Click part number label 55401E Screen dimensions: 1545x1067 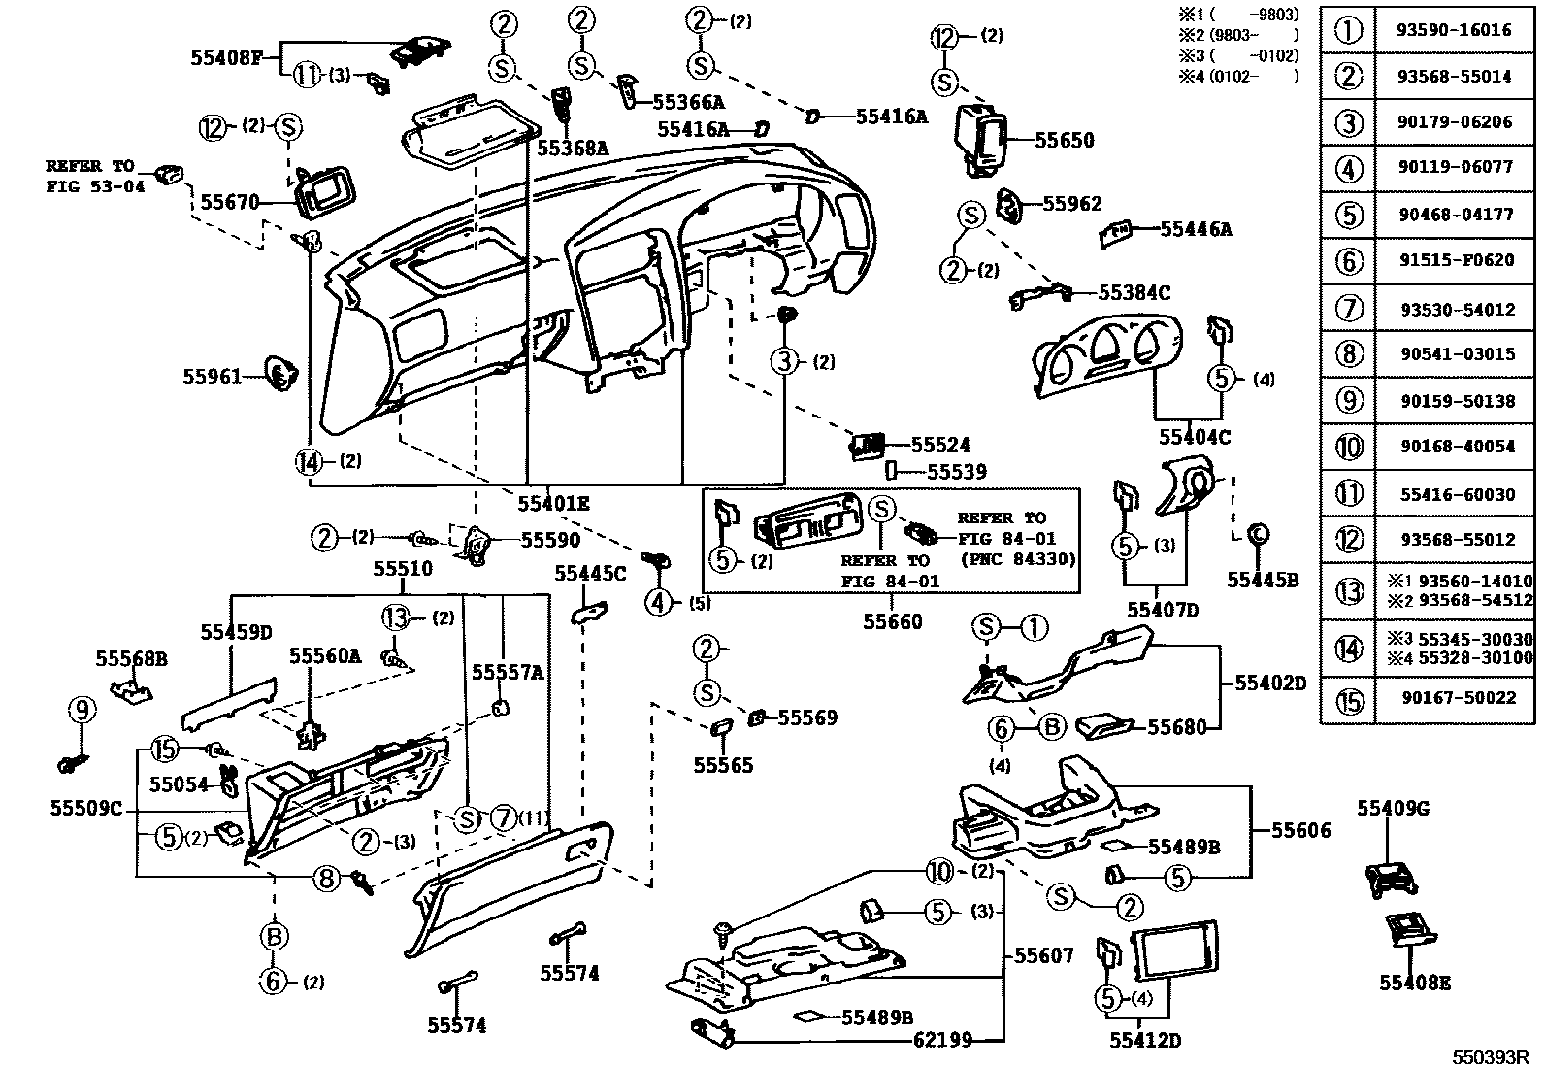tap(554, 504)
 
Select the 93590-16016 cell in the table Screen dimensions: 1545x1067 tap(1454, 30)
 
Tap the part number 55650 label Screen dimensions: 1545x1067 tap(1065, 140)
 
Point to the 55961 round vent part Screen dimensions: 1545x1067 tap(282, 374)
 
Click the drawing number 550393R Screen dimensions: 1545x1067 tap(1490, 1057)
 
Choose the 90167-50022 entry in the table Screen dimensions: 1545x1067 tap(1458, 698)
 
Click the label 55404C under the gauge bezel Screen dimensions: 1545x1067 tap(1195, 437)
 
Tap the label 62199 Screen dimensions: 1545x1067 tap(942, 1039)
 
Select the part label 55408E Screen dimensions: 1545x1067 tap(1415, 983)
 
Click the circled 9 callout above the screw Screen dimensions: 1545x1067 tap(82, 709)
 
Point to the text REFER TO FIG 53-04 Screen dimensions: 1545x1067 tap(95, 176)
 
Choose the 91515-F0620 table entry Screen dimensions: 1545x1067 tap(1457, 260)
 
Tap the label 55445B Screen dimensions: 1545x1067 tap(1263, 580)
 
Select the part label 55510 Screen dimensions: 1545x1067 tap(403, 568)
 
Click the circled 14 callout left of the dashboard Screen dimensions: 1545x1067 tap(309, 462)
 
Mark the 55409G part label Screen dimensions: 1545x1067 tap(1394, 808)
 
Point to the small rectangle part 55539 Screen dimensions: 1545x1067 tap(891, 471)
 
